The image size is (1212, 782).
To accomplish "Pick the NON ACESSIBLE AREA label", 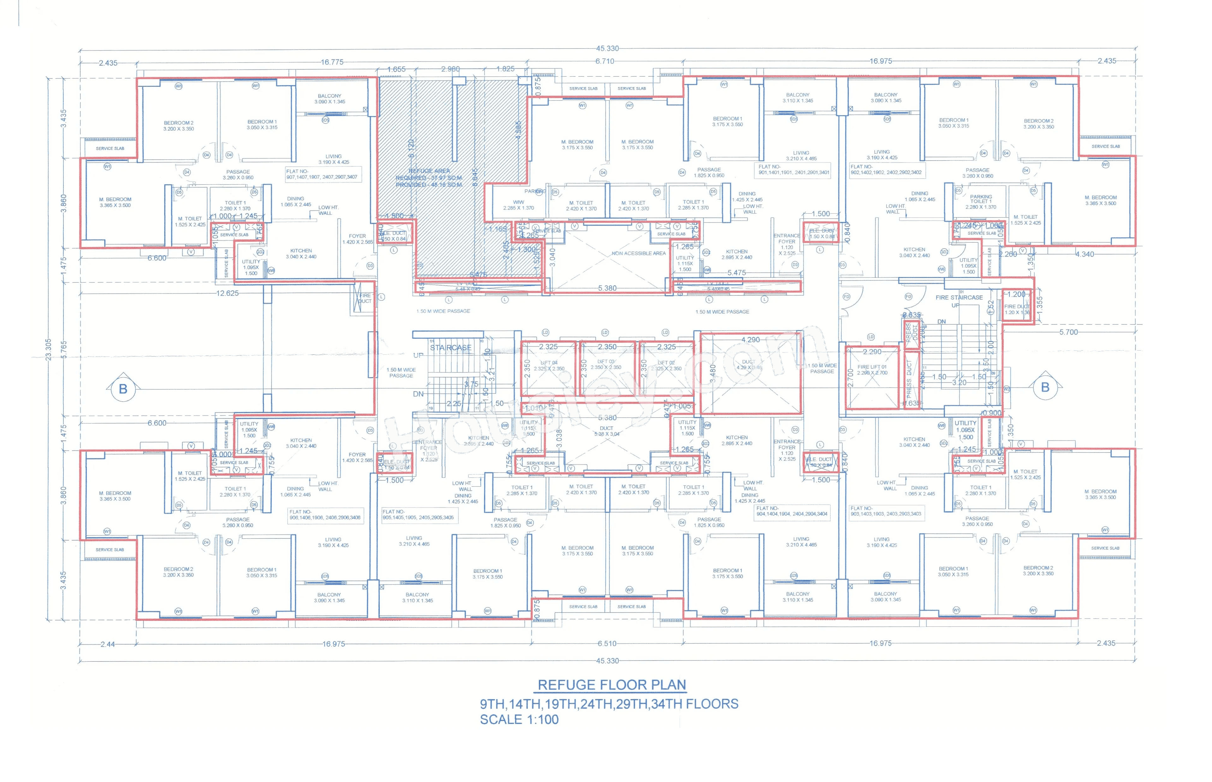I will [x=638, y=253].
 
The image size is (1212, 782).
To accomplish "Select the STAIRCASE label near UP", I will [x=450, y=348].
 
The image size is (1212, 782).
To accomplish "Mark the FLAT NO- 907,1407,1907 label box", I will [x=322, y=174].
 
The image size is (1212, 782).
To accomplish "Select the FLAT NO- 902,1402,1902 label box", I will [x=886, y=169].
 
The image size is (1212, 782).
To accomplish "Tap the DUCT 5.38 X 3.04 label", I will [x=607, y=431].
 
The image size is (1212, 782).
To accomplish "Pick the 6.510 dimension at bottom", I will [x=606, y=643].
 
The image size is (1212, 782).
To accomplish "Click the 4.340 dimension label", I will [x=1084, y=254].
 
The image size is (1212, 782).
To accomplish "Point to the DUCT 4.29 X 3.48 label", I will [x=748, y=364].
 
